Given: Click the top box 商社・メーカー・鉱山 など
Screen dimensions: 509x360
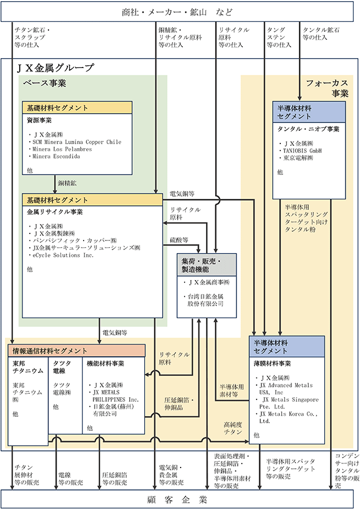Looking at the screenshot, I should click(x=179, y=12).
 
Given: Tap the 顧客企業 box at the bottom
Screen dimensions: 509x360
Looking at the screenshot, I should click(x=179, y=499).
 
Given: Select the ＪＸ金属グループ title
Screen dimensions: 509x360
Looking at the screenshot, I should click(x=56, y=68).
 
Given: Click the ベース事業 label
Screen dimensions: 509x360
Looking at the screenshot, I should click(x=44, y=83).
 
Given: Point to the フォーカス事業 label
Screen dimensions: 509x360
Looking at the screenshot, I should click(x=327, y=88).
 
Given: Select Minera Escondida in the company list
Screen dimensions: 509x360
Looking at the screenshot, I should click(x=56, y=156).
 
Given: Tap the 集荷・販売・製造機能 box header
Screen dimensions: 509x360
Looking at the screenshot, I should click(x=207, y=267).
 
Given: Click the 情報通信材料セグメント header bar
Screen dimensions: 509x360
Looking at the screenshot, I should click(x=77, y=350).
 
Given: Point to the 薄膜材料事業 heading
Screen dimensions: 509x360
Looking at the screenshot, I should click(x=272, y=364).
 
